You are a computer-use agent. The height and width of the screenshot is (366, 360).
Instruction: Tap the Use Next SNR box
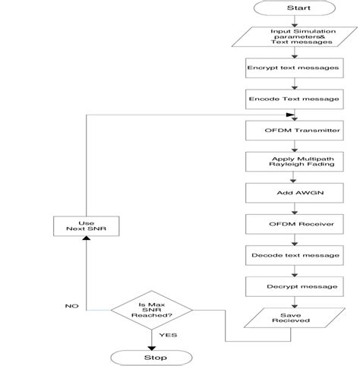[x=86, y=224]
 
